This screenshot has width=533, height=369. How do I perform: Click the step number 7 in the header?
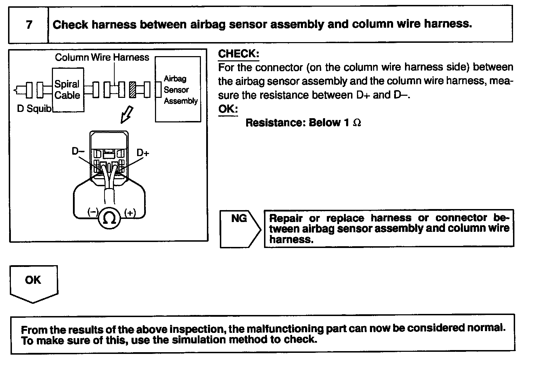[x=29, y=25]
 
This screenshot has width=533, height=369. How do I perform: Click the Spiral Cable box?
[x=68, y=90]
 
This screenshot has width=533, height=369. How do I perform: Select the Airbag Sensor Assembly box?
[x=178, y=90]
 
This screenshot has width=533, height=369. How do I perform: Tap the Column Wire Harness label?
[x=102, y=57]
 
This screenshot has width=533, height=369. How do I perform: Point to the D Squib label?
[x=34, y=109]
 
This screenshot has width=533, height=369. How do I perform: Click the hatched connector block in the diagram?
[x=133, y=89]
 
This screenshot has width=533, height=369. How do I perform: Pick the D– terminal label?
[x=78, y=151]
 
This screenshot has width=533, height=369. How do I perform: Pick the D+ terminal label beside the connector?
[x=143, y=153]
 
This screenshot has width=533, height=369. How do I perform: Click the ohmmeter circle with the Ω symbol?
[x=109, y=219]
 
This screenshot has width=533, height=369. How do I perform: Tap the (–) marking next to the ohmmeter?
[x=93, y=212]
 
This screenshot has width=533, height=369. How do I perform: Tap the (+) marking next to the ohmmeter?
[x=130, y=213]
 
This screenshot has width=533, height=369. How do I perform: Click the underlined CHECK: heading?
[x=238, y=54]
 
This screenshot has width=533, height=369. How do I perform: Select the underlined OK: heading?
[x=228, y=109]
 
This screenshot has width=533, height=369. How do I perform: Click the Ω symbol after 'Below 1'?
[x=357, y=123]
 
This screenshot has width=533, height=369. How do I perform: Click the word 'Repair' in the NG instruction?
[x=286, y=218]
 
